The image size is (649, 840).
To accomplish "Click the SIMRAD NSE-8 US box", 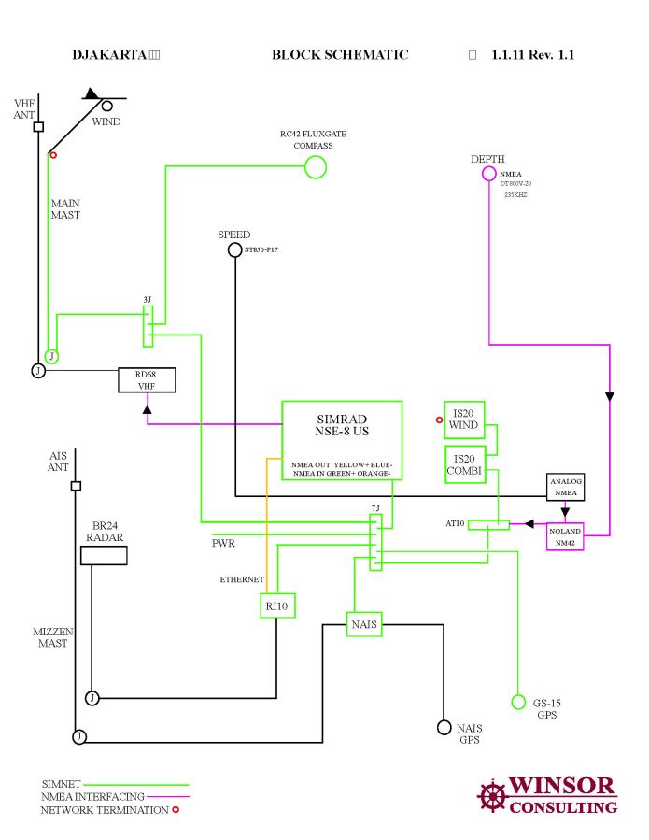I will tap(342, 440).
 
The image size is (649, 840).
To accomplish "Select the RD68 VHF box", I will tap(147, 379).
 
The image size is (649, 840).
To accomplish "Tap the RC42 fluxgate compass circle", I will tap(316, 167).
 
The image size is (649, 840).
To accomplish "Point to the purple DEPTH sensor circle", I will tap(489, 174).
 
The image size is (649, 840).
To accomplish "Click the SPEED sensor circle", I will tap(235, 249).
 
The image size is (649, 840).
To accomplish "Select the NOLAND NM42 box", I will tap(565, 536).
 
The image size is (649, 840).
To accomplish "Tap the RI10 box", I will tap(276, 605).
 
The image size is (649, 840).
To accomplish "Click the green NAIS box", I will tap(364, 623).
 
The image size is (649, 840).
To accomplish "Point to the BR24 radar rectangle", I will tap(104, 555).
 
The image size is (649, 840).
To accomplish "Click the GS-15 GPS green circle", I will tap(518, 702).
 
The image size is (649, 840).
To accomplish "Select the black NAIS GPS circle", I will tap(444, 727).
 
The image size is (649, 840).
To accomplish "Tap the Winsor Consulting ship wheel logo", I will tap(492, 796).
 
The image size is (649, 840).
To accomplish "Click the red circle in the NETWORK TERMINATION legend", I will tap(174, 810).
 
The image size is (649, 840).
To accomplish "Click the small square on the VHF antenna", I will tap(38, 127).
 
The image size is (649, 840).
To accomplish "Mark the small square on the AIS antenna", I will tap(76, 486).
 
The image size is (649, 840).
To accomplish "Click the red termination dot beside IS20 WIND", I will tap(439, 420).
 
